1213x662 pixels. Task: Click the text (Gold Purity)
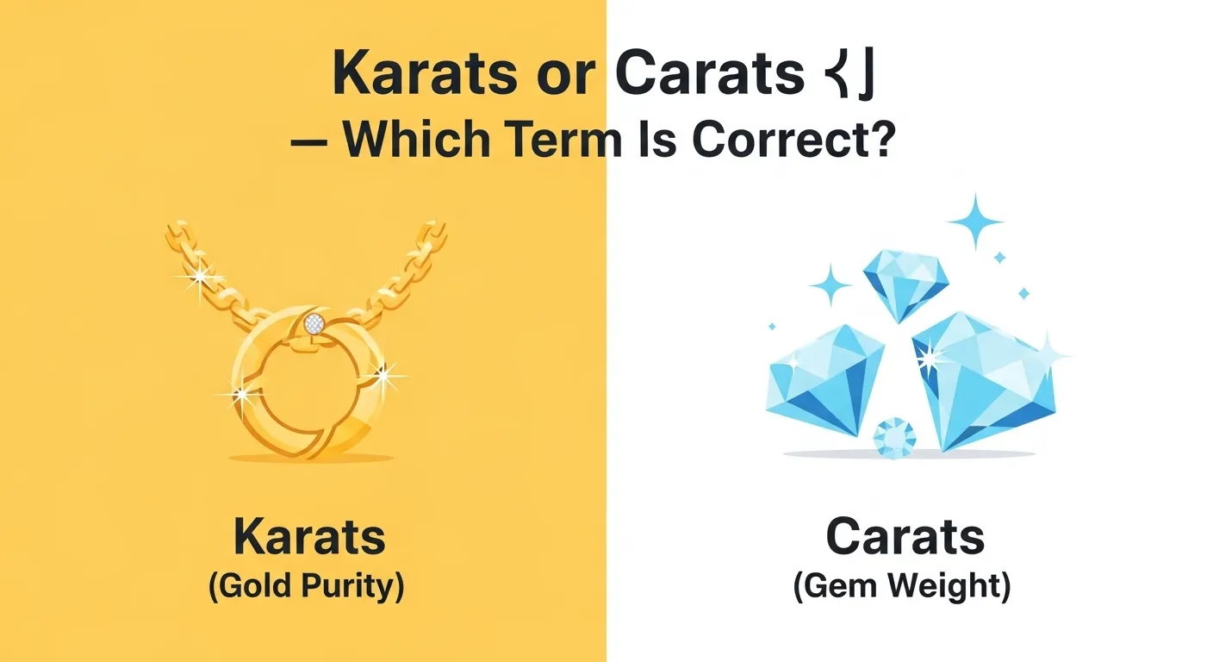click(306, 586)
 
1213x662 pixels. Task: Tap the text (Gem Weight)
click(902, 586)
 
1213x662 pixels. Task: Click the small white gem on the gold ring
click(314, 324)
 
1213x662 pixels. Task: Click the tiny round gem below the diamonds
click(894, 437)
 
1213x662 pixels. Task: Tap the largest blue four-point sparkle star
click(976, 220)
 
